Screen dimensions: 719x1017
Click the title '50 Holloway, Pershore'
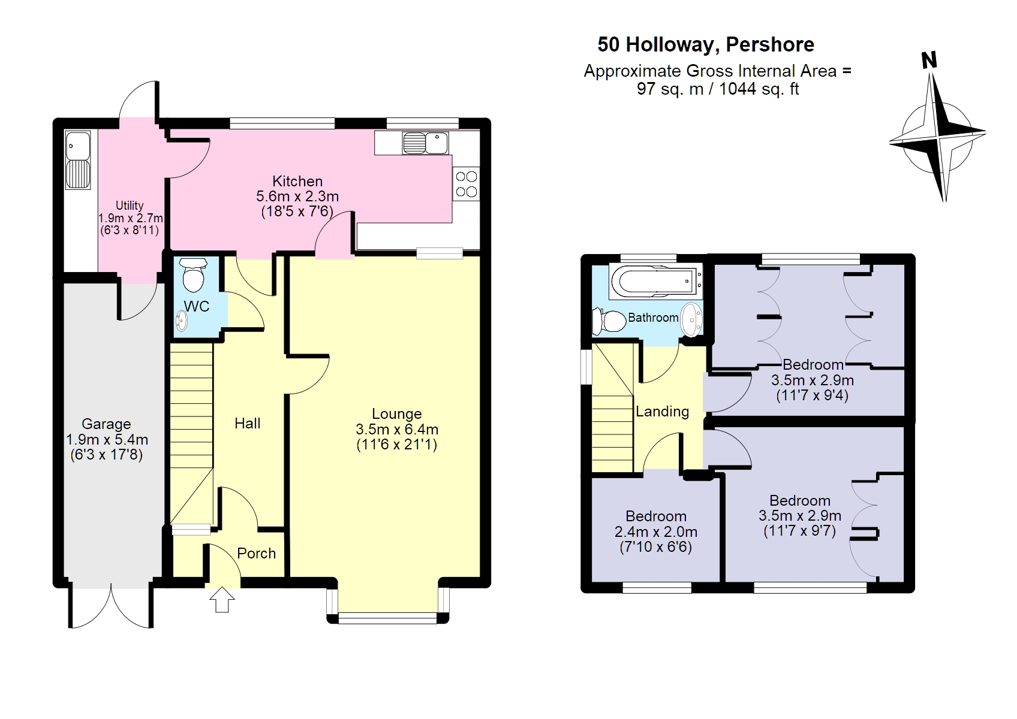pos(706,45)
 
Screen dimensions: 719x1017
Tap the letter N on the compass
pos(929,60)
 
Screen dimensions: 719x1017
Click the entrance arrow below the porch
pos(222,600)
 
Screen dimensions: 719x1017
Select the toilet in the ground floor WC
pos(192,276)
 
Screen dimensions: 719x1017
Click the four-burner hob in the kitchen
pos(466,184)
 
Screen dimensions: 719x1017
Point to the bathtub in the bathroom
pos(654,280)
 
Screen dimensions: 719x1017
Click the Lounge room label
pos(396,413)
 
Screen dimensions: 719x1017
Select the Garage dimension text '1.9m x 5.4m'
pos(107,439)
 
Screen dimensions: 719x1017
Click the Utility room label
pos(130,206)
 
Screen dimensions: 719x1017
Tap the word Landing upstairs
pos(662,411)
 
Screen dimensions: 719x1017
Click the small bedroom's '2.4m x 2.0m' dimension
pos(656,531)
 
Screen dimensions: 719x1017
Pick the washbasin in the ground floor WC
pos(182,321)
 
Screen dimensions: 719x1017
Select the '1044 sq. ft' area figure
pos(759,89)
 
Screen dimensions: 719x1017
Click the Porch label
pos(256,553)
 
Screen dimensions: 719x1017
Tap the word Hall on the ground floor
pos(247,423)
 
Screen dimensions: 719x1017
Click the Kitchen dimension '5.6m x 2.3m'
pos(297,196)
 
